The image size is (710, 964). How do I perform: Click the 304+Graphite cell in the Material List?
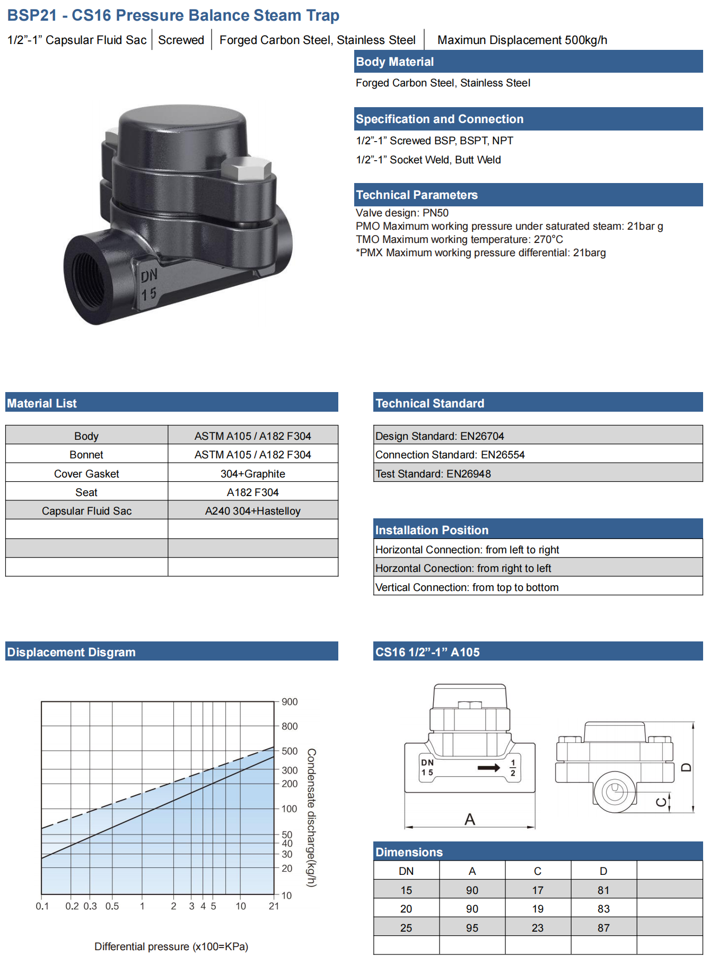253,474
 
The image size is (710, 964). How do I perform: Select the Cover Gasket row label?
86,474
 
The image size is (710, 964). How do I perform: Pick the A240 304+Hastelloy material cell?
253,511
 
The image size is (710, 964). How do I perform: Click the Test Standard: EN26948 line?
433,474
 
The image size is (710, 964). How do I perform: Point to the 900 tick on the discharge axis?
290,702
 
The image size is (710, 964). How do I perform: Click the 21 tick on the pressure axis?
274,906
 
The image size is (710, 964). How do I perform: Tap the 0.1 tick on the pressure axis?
42,906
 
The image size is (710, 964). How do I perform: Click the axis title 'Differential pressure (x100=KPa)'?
171,946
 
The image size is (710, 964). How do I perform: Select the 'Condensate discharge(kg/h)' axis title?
312,818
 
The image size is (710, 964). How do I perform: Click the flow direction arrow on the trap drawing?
489,768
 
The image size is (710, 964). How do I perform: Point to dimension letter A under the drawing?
470,820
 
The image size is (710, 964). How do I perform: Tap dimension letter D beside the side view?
686,767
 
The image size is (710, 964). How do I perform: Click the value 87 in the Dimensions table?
603,928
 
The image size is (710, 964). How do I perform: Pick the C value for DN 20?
538,909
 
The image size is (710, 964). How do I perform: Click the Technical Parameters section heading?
417,195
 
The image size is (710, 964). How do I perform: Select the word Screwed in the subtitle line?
181,40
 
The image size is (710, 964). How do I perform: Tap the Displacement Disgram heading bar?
172,652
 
